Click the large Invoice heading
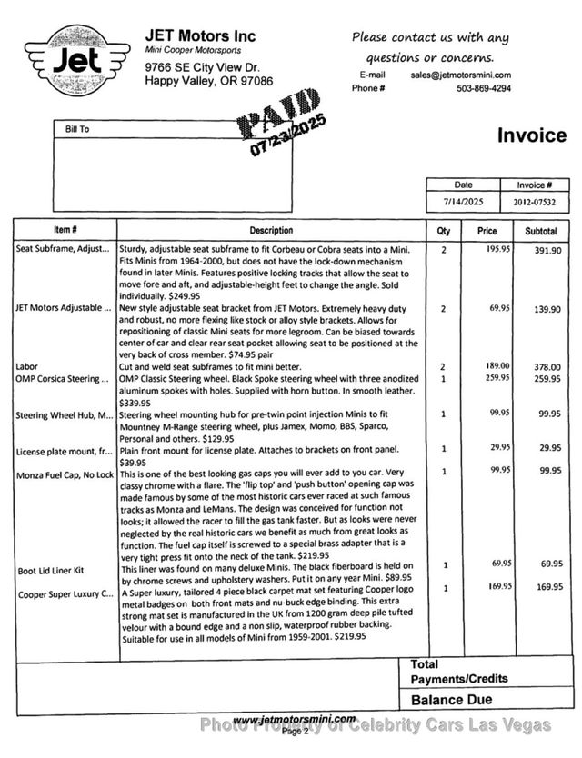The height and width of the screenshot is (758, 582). point(531,135)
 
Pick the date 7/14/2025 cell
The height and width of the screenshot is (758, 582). point(464,202)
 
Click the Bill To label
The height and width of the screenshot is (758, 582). point(77,130)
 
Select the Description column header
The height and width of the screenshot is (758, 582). point(271,231)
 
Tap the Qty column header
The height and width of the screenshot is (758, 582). point(444,231)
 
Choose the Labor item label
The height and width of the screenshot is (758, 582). point(26,366)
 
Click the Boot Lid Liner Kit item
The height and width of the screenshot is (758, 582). point(51,571)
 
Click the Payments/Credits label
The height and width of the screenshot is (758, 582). point(459,679)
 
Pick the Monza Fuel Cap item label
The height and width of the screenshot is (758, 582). point(65,474)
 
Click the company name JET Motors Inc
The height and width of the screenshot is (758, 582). point(200,35)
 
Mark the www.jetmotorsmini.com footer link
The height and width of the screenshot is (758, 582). point(295,719)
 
